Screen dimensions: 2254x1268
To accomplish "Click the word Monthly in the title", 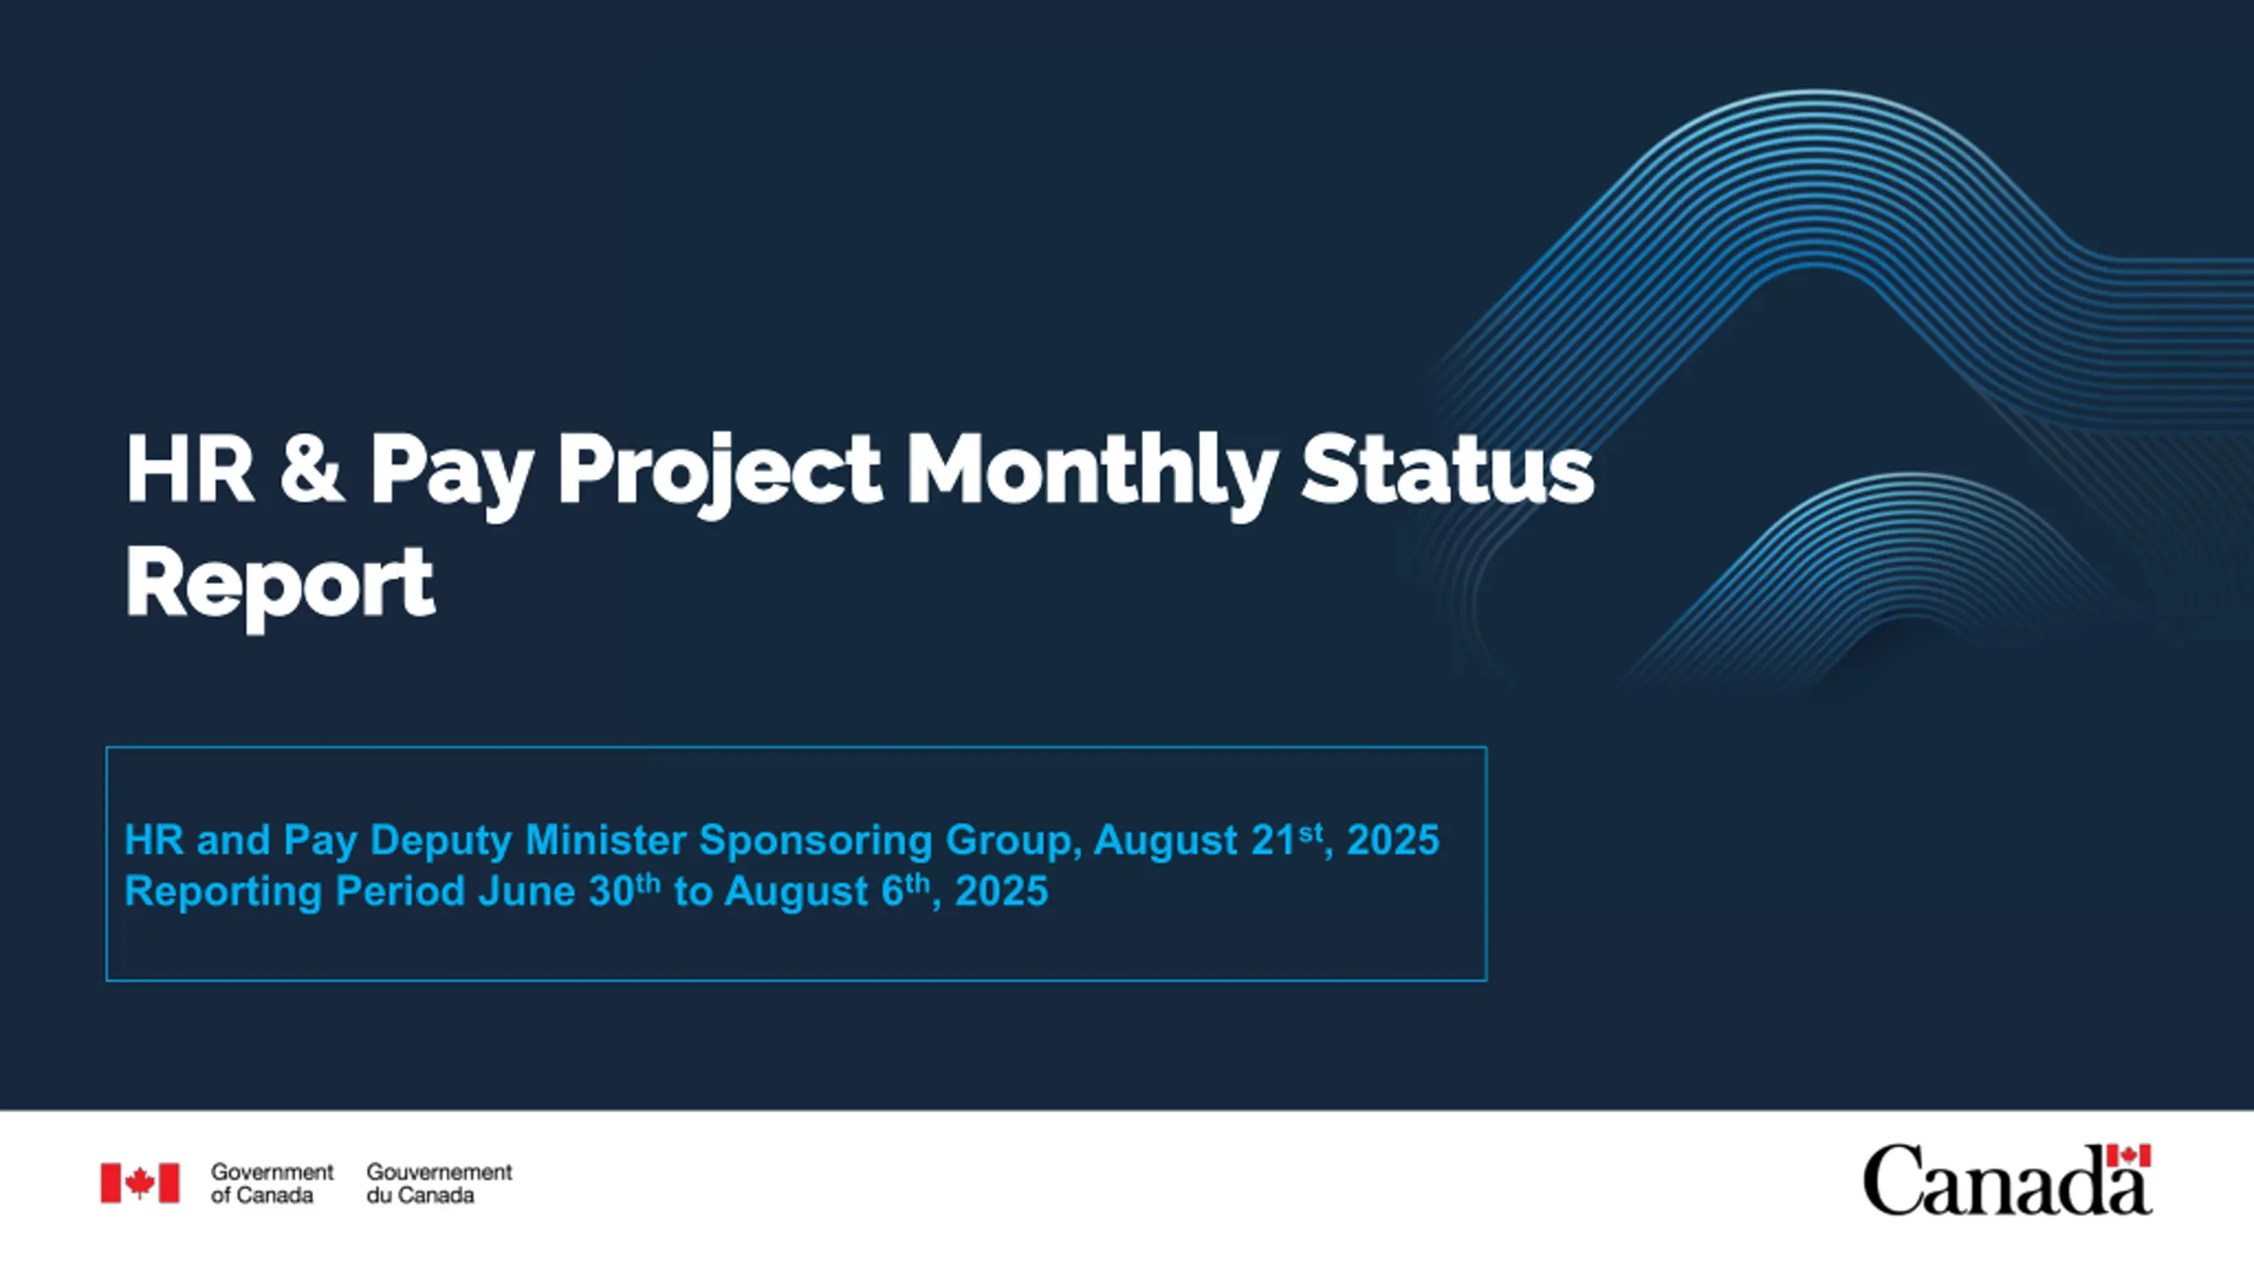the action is click(1092, 473).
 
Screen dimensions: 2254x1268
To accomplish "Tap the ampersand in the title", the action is click(310, 468).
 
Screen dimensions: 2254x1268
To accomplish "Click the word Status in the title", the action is click(1447, 469).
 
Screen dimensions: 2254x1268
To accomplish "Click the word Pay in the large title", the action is click(451, 475).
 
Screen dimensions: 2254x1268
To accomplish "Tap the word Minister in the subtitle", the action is click(606, 840).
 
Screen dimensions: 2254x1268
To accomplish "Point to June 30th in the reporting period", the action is click(569, 891).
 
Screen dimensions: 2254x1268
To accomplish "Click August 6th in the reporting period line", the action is click(827, 891).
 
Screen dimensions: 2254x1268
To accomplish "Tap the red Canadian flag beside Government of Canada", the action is click(140, 1183).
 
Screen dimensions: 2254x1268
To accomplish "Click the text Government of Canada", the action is click(272, 1183).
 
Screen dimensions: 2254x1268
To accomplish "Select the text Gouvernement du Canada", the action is click(439, 1183).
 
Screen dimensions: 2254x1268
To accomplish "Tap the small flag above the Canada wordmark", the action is click(2129, 1155).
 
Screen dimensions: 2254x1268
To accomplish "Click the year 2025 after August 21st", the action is click(1393, 840).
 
